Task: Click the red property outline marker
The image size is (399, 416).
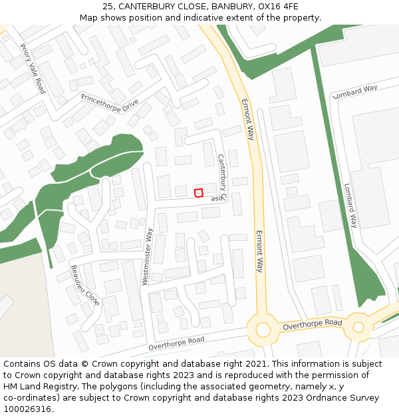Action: [x=198, y=193]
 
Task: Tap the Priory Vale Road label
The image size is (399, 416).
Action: [x=32, y=68]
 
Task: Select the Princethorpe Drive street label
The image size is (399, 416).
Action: [x=110, y=102]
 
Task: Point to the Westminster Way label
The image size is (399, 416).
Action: [x=148, y=257]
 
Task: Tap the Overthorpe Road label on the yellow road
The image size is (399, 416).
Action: [x=312, y=325]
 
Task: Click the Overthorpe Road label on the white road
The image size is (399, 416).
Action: [x=177, y=342]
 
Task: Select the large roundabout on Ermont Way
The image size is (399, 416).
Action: [x=263, y=329]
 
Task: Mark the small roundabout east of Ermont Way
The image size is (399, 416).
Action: [x=358, y=327]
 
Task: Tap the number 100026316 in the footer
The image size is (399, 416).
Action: [x=27, y=409]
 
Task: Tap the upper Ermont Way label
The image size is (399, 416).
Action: [x=247, y=119]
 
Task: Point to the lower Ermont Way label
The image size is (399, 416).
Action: [x=259, y=252]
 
